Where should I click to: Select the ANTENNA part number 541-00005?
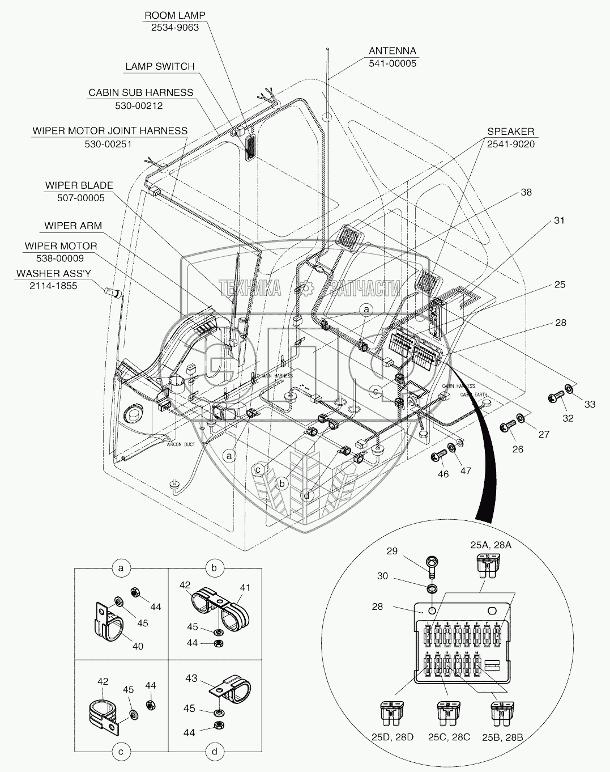(392, 63)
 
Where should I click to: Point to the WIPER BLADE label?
(79, 185)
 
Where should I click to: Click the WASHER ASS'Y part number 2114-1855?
(53, 286)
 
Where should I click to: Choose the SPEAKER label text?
(510, 132)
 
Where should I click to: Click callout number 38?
(526, 193)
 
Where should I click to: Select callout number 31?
(558, 220)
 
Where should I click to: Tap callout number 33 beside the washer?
(590, 404)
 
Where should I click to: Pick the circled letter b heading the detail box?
(214, 567)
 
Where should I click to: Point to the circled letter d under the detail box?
(214, 753)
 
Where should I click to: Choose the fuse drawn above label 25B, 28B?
(502, 714)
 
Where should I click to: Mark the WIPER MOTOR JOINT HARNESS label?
(110, 131)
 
